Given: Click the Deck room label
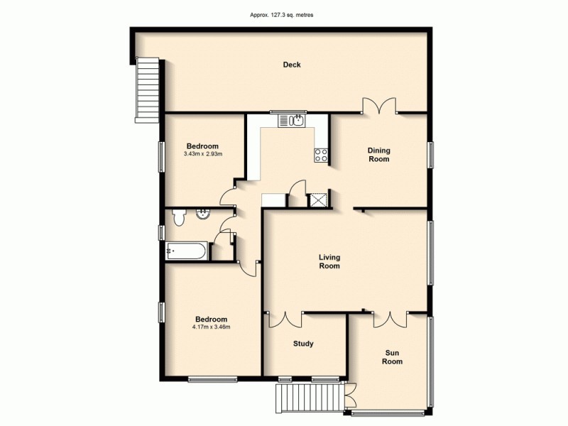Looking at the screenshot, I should (x=291, y=65).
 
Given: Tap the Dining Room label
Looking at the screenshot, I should (x=378, y=155).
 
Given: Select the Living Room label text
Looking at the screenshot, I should (x=329, y=261).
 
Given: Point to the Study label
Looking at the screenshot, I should (x=303, y=344).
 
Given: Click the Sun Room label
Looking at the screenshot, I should (x=393, y=356).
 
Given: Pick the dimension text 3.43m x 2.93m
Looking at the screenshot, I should (x=203, y=153).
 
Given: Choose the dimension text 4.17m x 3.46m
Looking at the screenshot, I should (x=211, y=327).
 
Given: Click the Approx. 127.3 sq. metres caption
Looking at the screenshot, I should (x=283, y=14).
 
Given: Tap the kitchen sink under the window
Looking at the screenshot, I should (x=295, y=121).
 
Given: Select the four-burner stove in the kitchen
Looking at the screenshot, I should (x=321, y=155).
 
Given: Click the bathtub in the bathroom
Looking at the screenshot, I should (x=187, y=250).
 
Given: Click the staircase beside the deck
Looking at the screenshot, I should (x=147, y=90).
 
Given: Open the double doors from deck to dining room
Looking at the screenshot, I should (x=380, y=106).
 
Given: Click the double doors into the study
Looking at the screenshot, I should (x=286, y=319).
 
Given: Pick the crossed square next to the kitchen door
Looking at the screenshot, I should (x=317, y=200).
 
